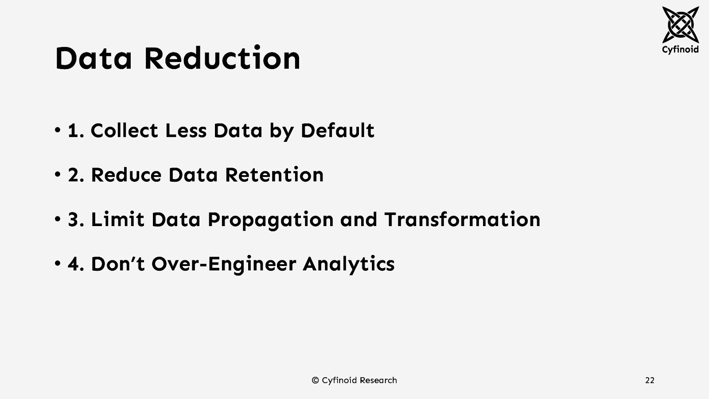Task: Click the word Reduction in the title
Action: click(222, 59)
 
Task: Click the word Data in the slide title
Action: click(93, 59)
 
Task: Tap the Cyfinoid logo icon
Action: click(680, 24)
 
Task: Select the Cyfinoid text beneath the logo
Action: click(680, 49)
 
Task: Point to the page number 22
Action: click(650, 380)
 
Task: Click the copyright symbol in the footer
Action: click(315, 380)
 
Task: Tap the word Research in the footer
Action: click(378, 380)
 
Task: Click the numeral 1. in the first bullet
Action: click(76, 131)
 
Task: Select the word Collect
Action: click(124, 131)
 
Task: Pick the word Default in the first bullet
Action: click(337, 131)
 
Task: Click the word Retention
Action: click(274, 175)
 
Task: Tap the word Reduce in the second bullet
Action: click(126, 175)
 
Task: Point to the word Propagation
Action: click(270, 220)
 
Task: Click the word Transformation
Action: click(462, 220)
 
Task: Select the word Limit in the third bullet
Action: click(117, 220)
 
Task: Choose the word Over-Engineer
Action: click(224, 264)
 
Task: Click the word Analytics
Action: click(349, 264)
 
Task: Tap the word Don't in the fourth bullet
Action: click(117, 264)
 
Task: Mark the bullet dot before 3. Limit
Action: click(58, 219)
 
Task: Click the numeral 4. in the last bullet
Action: click(76, 264)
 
